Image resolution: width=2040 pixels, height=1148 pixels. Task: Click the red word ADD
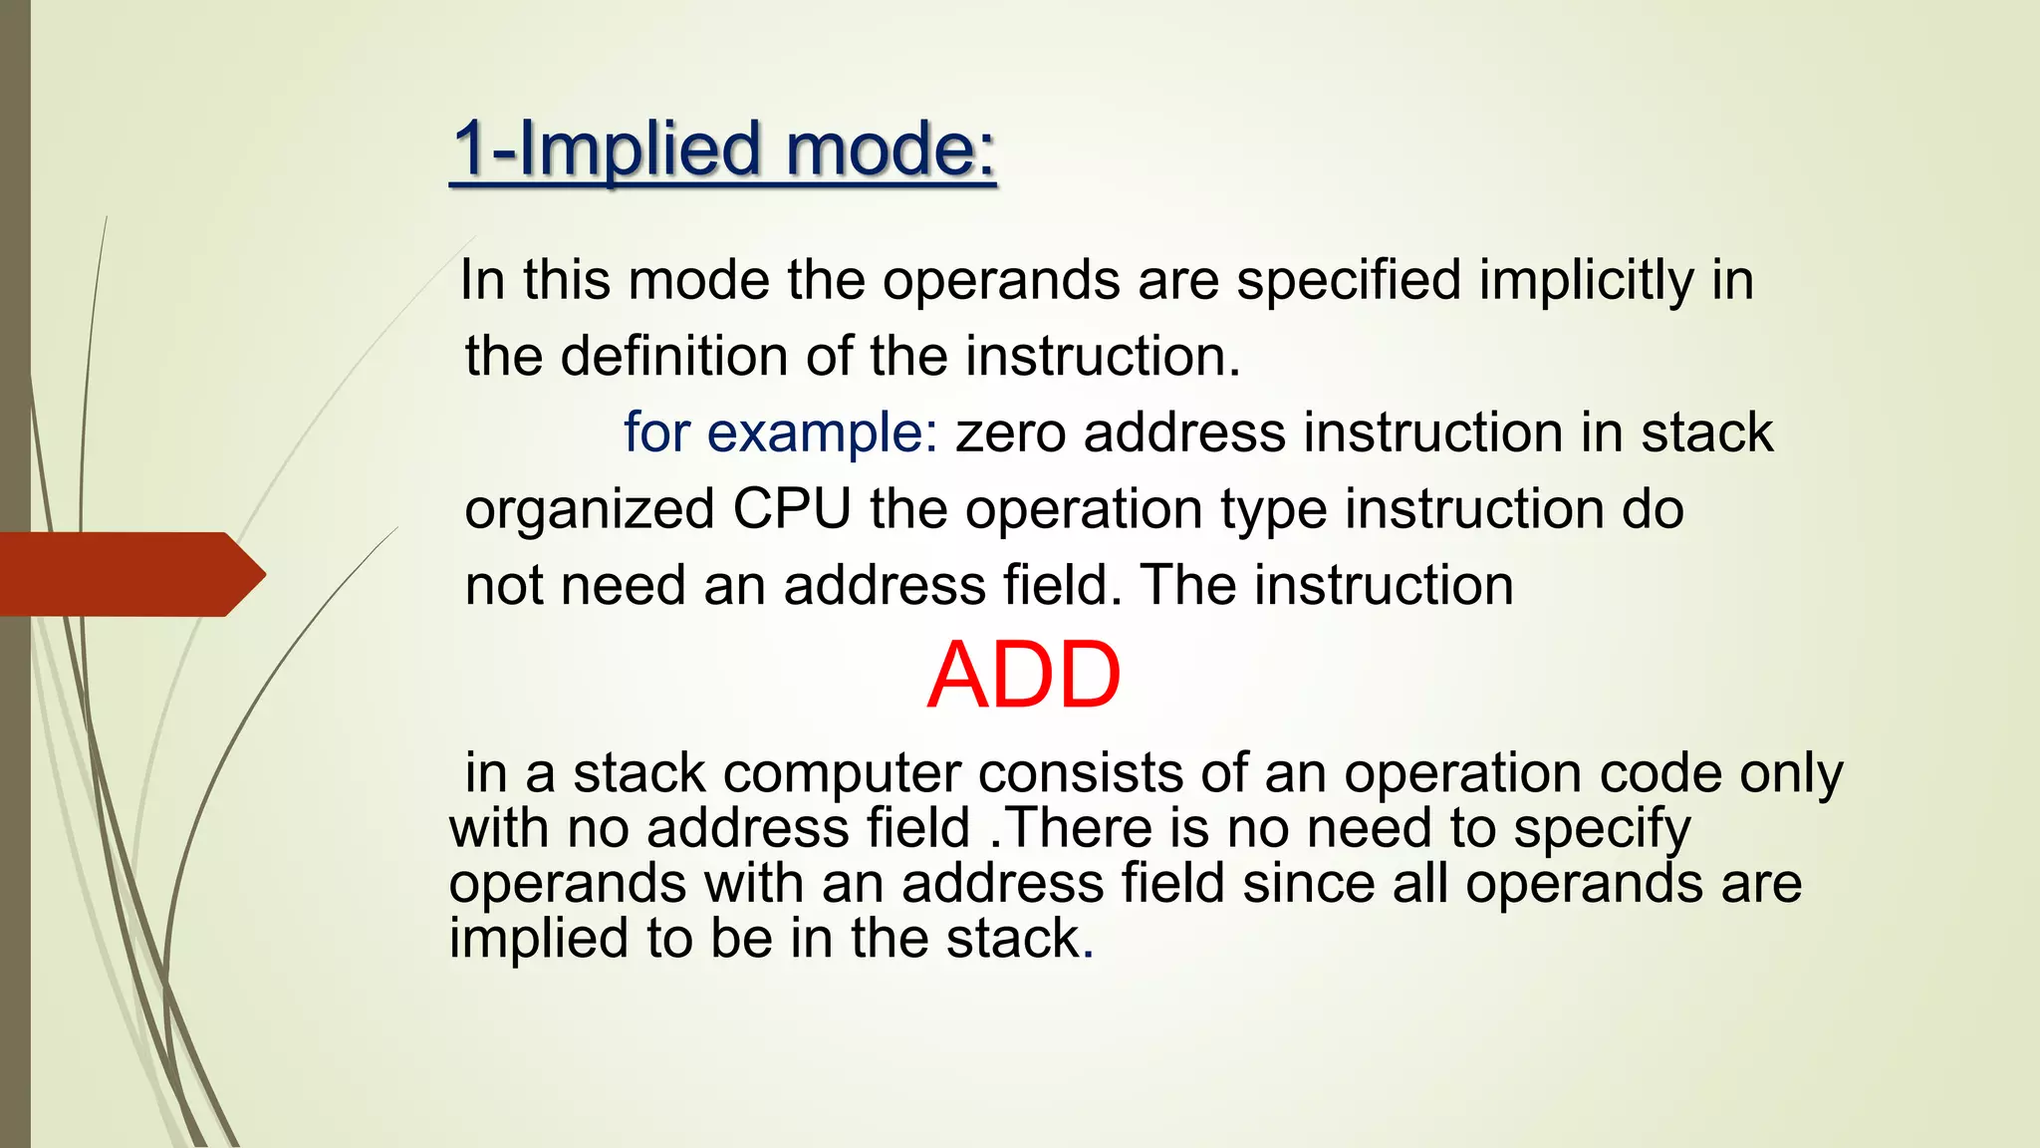pyautogui.click(x=1024, y=676)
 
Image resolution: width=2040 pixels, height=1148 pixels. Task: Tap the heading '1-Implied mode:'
pyautogui.click(x=723, y=148)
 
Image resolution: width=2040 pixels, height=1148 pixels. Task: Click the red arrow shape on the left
pyautogui.click(x=129, y=574)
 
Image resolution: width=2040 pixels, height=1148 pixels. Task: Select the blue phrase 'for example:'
pyautogui.click(x=781, y=432)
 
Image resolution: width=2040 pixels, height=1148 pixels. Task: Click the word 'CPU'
pyautogui.click(x=792, y=509)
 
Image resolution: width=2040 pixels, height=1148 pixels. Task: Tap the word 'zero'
pyautogui.click(x=1010, y=432)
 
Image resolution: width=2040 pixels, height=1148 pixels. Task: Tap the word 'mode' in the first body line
pyautogui.click(x=698, y=280)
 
